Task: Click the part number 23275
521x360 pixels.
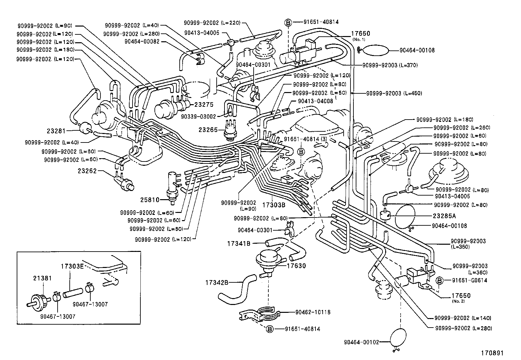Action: coord(204,105)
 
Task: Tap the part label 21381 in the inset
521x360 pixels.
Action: coord(41,278)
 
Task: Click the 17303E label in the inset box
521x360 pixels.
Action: coord(72,266)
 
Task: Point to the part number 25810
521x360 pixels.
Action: coord(150,199)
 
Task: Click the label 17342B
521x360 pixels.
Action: coord(217,282)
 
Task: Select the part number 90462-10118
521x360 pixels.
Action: coord(313,312)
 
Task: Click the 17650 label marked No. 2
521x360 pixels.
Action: coord(461,295)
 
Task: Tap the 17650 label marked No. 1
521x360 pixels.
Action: coord(361,34)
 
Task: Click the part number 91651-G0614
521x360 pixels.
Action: coord(470,280)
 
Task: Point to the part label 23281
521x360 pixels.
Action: coord(56,131)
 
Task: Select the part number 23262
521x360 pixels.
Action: coord(87,171)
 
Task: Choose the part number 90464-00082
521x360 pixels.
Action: coord(142,41)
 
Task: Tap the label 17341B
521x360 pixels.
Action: coord(239,243)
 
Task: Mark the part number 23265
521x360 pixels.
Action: coord(208,129)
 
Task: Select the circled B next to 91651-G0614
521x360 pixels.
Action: coord(440,280)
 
